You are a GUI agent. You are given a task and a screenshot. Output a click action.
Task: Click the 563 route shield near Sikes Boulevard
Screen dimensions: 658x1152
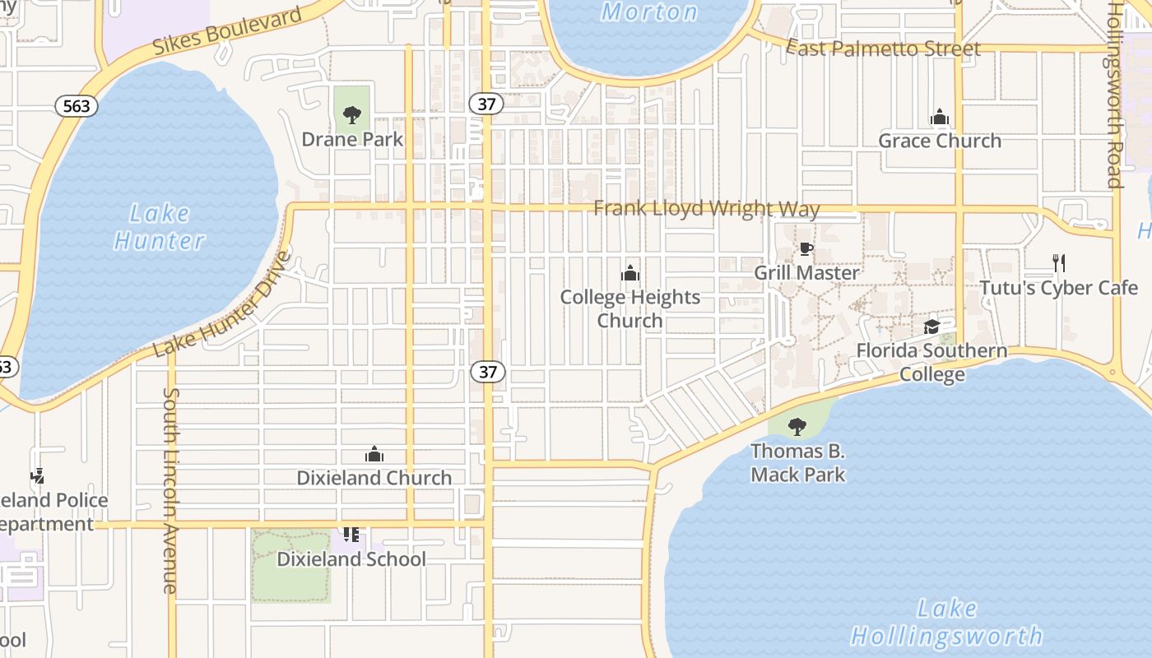point(77,105)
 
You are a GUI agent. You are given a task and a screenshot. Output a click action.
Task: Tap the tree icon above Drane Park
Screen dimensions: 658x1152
point(352,115)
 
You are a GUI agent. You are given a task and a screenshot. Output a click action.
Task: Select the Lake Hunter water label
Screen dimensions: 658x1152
point(160,227)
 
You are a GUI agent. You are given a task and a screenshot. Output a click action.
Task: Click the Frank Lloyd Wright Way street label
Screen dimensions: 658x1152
point(707,208)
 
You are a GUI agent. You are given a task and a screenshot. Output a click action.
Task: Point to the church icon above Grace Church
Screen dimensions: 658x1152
point(940,118)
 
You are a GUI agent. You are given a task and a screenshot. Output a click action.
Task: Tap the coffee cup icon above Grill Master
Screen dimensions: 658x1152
point(806,249)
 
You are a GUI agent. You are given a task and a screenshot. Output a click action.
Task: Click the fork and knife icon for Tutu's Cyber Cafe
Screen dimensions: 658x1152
point(1059,263)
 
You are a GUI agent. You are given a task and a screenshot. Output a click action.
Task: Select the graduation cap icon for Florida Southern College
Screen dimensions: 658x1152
point(931,327)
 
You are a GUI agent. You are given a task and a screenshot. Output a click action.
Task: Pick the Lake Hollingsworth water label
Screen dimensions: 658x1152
point(946,623)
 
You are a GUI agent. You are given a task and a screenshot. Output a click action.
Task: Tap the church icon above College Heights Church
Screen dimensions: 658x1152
point(630,273)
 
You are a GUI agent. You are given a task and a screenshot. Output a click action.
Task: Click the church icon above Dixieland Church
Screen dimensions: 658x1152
point(374,454)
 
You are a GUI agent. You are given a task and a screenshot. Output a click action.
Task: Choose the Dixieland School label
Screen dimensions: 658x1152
point(351,559)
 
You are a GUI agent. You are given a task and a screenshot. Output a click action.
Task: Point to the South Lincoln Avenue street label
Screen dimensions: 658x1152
point(170,490)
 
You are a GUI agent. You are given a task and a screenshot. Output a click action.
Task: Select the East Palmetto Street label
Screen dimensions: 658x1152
point(884,49)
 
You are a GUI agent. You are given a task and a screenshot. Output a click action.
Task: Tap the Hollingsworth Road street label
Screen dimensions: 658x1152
point(1115,95)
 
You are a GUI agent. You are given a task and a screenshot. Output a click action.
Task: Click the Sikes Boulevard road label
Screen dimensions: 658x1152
point(228,33)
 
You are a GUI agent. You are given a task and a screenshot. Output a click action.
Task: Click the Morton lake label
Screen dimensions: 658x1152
point(650,12)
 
